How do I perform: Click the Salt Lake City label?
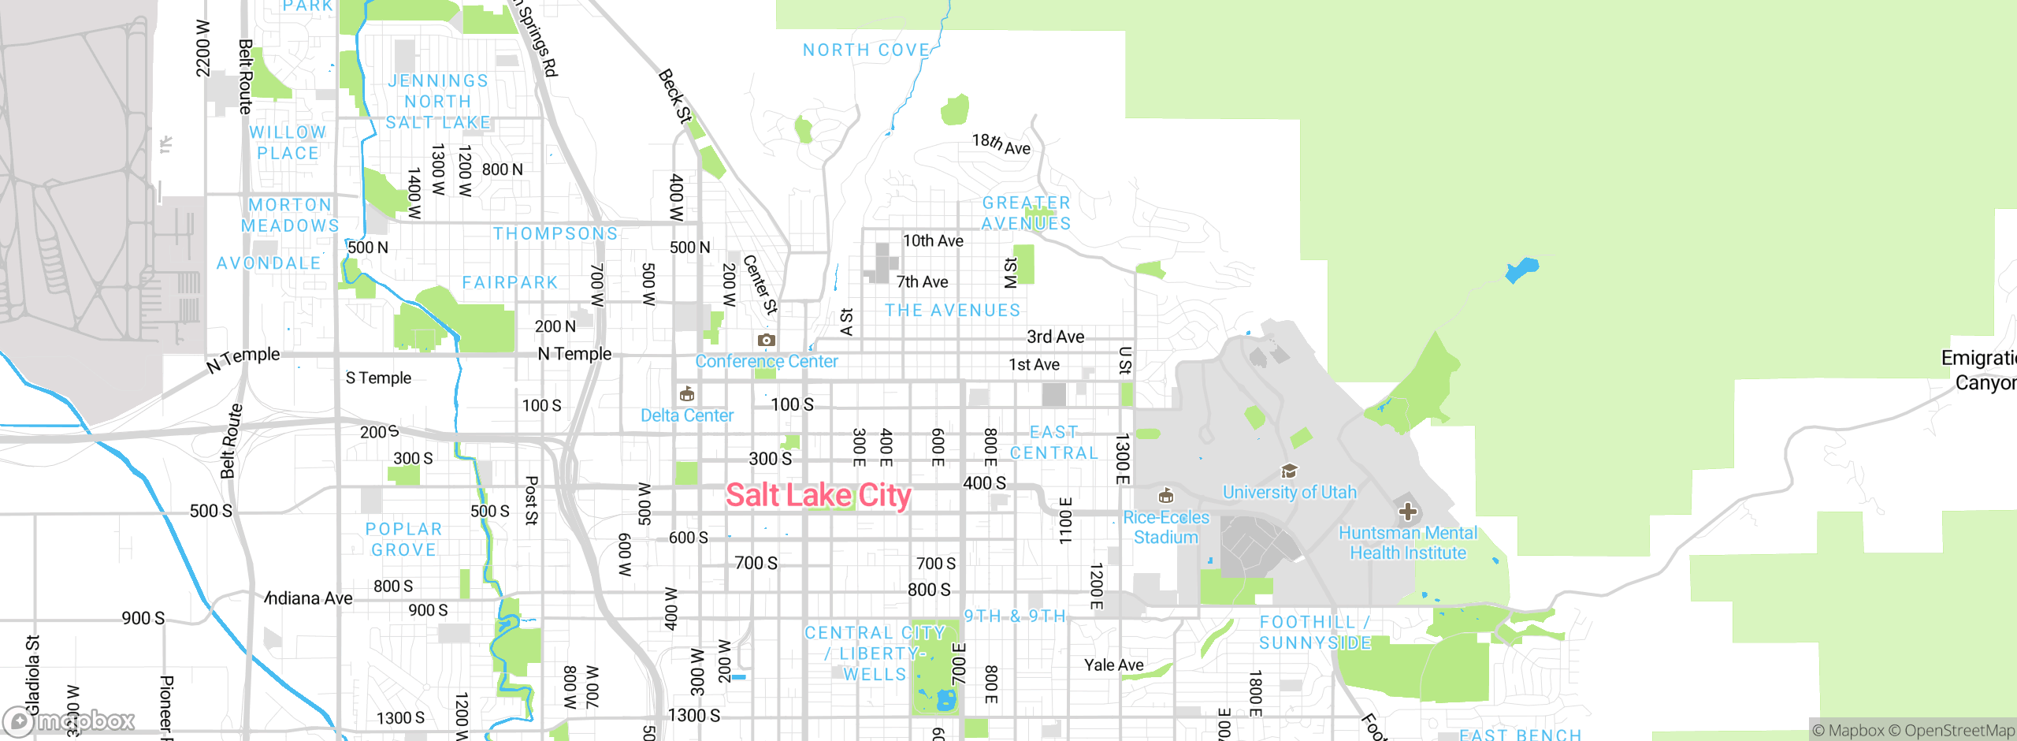[x=818, y=495]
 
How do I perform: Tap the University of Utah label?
[x=1289, y=492]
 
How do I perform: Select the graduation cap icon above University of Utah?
[x=1289, y=471]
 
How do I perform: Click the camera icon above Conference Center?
[x=766, y=340]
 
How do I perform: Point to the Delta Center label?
[x=686, y=415]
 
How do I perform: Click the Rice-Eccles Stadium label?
[x=1165, y=527]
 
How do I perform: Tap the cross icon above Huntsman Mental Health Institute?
[x=1407, y=512]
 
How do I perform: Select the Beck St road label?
[x=675, y=96]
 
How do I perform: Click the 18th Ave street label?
[x=1001, y=144]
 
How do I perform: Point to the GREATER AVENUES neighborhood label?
[x=1026, y=213]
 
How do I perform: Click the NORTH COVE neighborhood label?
[x=866, y=50]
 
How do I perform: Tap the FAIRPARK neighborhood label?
[x=510, y=282]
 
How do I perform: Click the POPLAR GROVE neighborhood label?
[x=403, y=539]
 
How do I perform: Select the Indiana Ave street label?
[x=310, y=598]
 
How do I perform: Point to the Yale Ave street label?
[x=1113, y=665]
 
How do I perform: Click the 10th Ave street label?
[x=933, y=240]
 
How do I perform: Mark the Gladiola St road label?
[x=32, y=674]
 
